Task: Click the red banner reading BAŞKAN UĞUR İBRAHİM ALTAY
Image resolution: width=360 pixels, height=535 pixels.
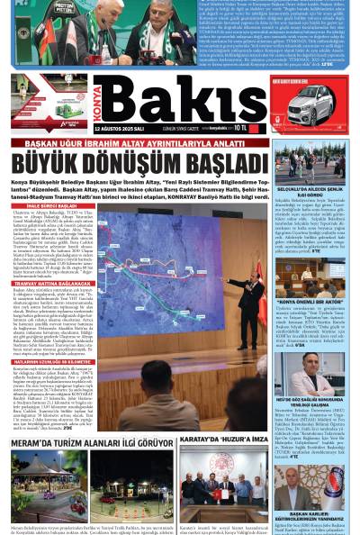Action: [x=139, y=143]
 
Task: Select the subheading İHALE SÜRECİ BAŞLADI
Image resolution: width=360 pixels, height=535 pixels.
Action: [x=36, y=204]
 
